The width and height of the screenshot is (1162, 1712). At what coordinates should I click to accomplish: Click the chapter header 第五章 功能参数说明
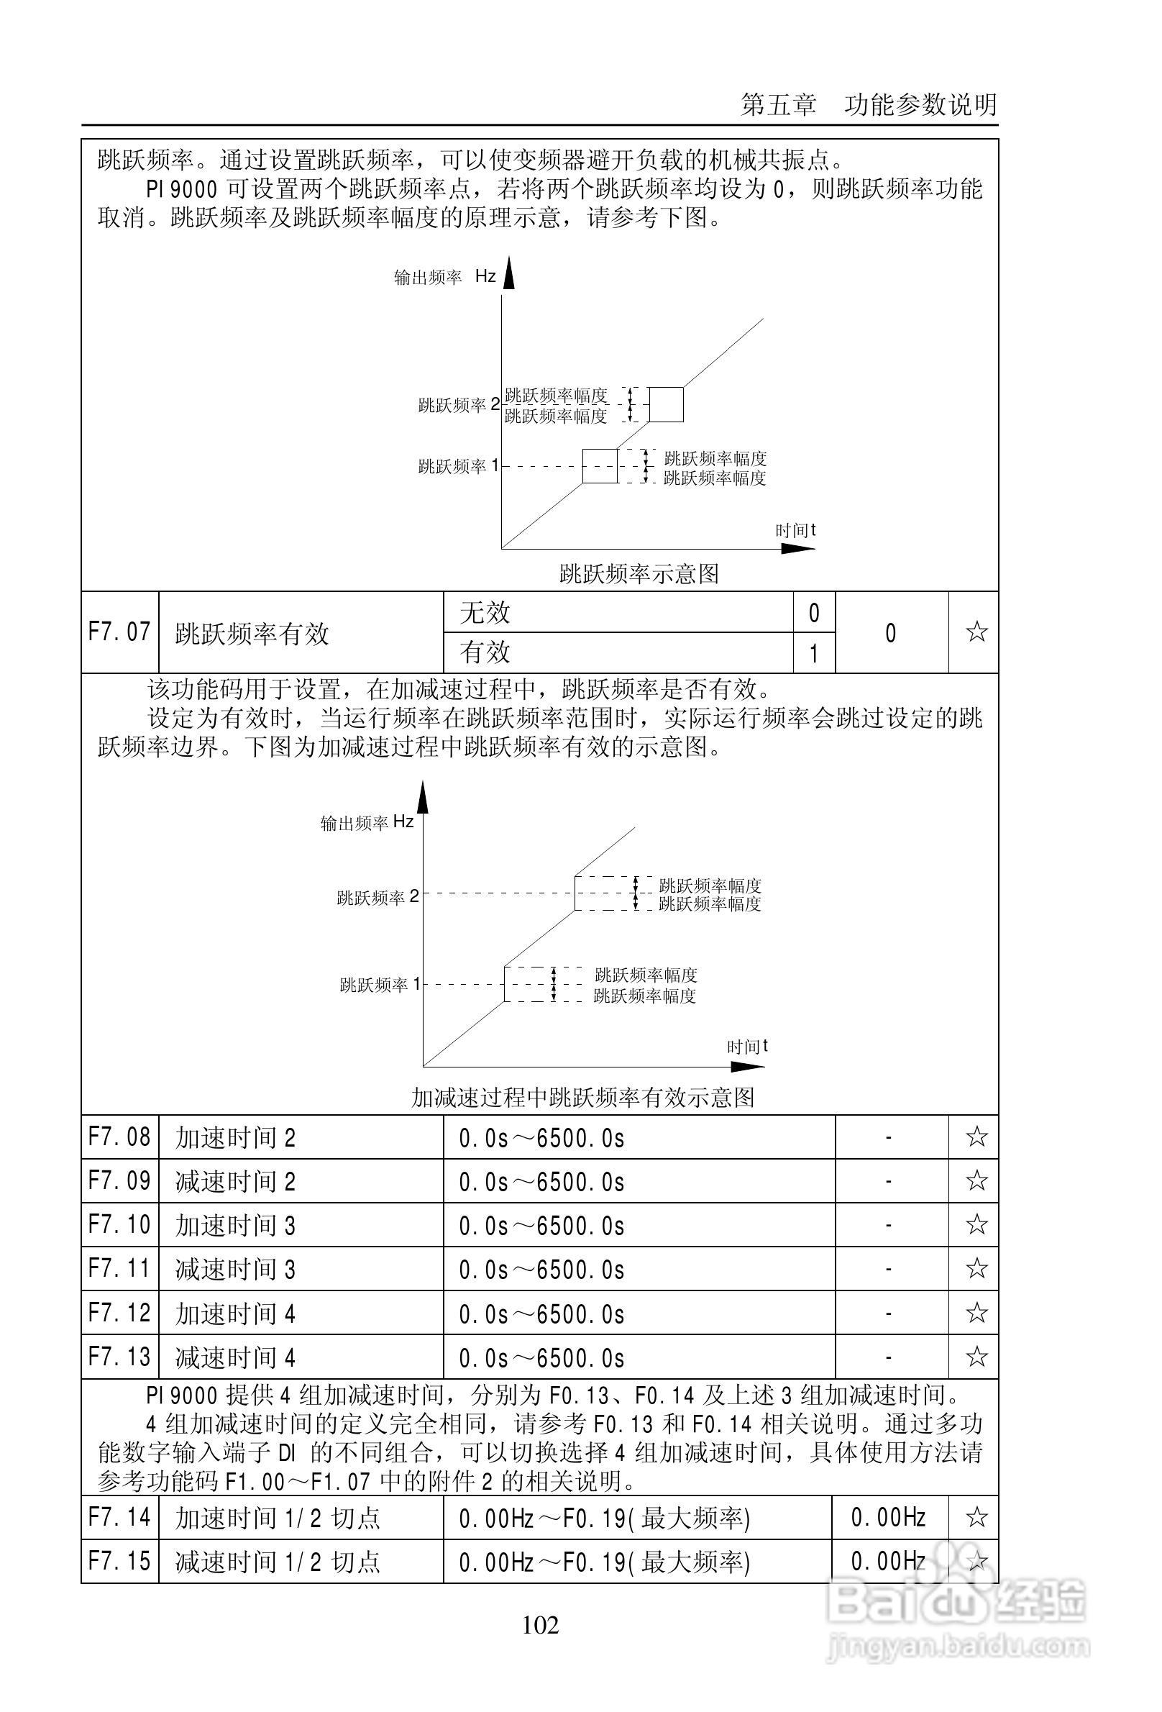[868, 104]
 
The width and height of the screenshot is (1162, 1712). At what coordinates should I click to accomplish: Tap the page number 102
[541, 1624]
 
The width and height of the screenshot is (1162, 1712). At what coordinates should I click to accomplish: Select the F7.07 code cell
[119, 632]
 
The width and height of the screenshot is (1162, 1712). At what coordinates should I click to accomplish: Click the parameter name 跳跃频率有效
[251, 634]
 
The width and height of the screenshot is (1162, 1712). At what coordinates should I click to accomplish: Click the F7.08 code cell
[119, 1137]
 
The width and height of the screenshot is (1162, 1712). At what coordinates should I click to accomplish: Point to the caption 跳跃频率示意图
[639, 573]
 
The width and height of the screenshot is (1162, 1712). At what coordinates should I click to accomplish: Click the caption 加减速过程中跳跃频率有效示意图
[582, 1098]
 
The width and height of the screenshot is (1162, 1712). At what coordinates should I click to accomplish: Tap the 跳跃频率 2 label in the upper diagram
[458, 404]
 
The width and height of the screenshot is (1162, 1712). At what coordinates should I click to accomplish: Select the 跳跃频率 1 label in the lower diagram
[379, 984]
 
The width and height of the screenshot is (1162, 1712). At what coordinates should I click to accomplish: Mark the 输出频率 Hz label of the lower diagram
[367, 822]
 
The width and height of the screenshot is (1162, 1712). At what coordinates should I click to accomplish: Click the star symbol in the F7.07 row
[976, 632]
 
